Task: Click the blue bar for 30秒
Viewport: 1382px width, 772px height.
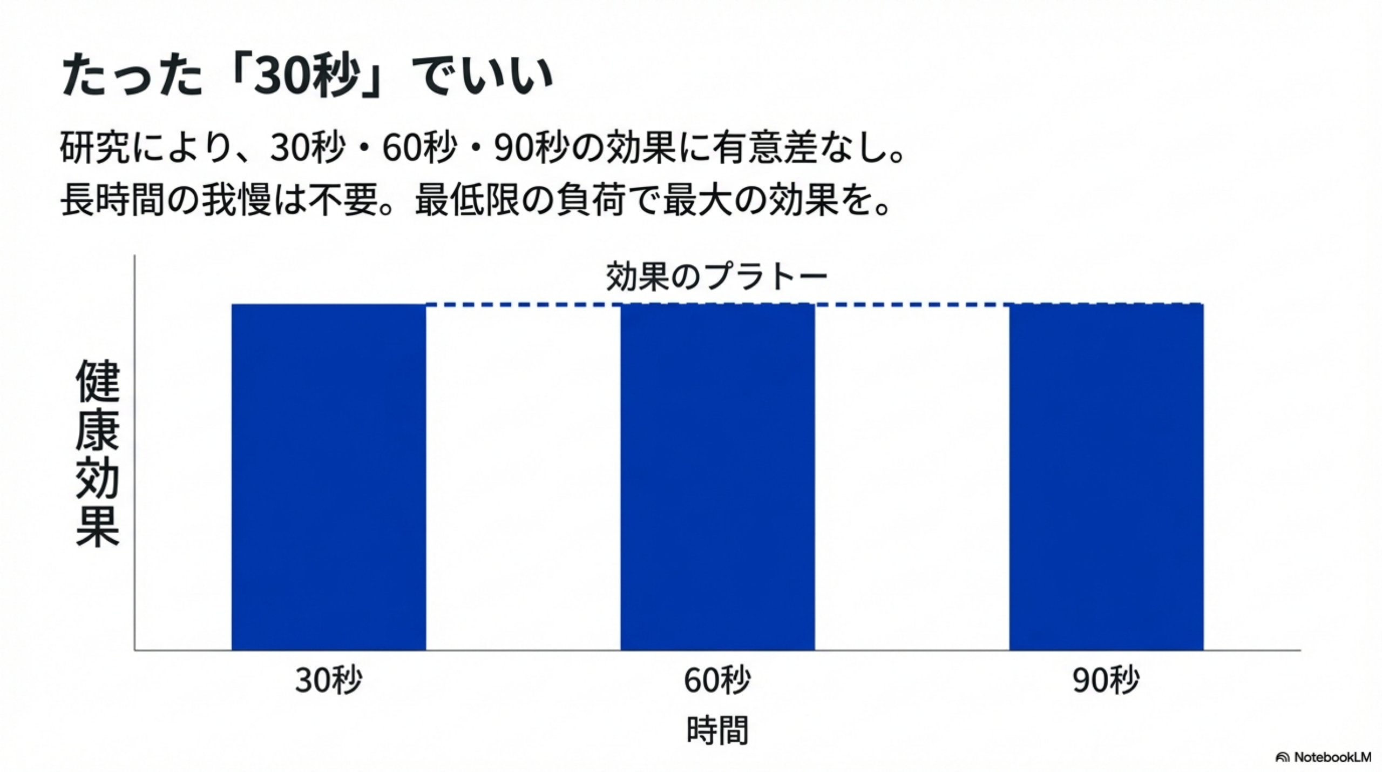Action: pos(328,476)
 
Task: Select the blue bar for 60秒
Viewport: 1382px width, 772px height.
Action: pos(717,476)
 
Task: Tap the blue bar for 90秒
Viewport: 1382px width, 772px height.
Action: pos(1106,476)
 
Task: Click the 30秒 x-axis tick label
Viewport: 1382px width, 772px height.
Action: pos(328,680)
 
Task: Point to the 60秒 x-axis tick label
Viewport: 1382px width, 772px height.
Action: pos(717,680)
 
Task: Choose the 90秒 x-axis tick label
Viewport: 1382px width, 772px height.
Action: pos(1106,680)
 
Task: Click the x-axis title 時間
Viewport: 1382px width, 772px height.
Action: pos(717,730)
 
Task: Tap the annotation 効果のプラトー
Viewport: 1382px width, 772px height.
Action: pos(716,276)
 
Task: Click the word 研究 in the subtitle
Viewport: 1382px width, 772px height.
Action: pos(94,147)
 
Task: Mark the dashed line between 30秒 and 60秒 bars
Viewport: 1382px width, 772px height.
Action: pos(523,305)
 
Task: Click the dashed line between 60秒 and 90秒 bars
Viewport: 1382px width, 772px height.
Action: pos(912,305)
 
